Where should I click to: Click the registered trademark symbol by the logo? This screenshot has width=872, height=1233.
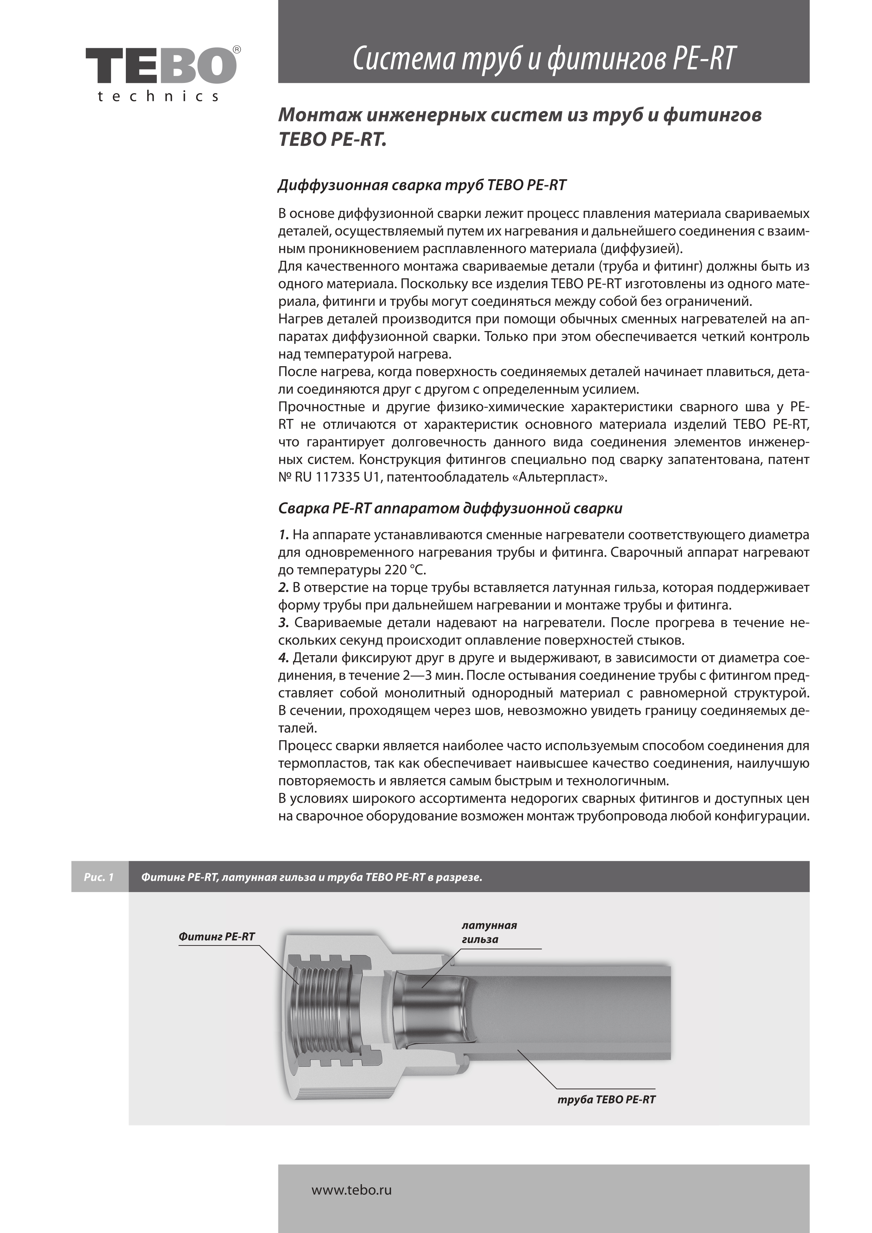click(x=237, y=50)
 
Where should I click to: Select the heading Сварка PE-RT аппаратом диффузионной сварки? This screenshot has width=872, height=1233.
click(x=450, y=509)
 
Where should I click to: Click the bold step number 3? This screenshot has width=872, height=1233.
click(x=284, y=623)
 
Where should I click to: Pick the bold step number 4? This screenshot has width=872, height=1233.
click(x=284, y=658)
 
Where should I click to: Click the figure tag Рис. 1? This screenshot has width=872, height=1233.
click(x=99, y=878)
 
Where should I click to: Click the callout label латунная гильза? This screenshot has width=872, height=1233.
click(x=489, y=932)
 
